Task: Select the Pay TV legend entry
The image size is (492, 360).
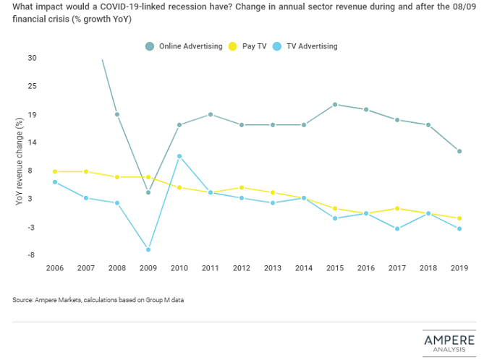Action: coord(247,46)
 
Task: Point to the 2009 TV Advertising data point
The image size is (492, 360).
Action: coord(148,249)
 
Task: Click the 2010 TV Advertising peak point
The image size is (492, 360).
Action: coord(179,156)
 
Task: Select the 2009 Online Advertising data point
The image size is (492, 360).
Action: coord(148,192)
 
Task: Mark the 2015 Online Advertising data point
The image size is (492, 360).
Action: coord(335,104)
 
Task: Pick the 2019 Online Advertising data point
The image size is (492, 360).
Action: coord(459,151)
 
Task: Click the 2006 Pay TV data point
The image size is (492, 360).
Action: coord(55,171)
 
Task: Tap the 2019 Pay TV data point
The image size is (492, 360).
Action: coord(459,218)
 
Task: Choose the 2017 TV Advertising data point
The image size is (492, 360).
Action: coord(396,228)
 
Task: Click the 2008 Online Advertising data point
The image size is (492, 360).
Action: coord(117,114)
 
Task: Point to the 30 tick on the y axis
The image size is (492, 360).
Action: coord(32,58)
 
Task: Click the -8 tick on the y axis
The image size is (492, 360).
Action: coord(33,255)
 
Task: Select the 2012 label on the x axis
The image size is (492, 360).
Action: coord(241,268)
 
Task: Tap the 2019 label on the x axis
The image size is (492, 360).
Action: coord(459,268)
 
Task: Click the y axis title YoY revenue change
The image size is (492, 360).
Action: coord(19,163)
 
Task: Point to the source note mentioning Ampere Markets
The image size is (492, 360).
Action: coord(98,299)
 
